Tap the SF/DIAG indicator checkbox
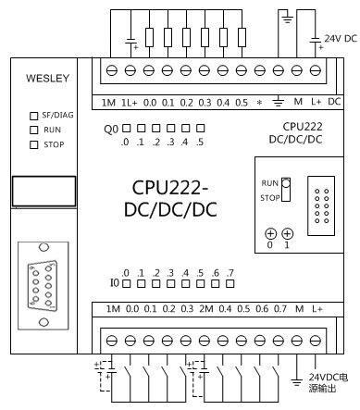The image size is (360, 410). point(33,115)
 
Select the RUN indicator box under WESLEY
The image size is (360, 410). point(33,130)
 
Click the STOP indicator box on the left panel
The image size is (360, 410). point(33,144)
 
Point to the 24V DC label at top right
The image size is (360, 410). point(339,39)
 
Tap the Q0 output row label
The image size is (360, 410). point(111,130)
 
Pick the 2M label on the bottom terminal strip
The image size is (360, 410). point(207,307)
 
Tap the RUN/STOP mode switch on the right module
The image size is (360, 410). point(287,190)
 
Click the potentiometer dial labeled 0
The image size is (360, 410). point(271,234)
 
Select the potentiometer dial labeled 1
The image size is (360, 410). point(287,234)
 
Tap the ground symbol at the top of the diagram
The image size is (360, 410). point(288,17)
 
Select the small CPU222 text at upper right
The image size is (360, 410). point(304,124)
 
